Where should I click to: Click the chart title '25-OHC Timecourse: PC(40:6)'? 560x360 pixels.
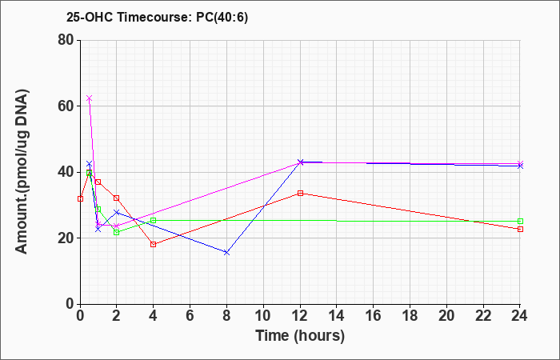click(x=157, y=17)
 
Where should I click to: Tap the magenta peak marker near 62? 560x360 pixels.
click(x=90, y=98)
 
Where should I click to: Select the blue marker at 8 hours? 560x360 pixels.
click(x=226, y=253)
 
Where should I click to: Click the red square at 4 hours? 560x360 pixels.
click(x=154, y=244)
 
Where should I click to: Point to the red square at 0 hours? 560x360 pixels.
click(x=80, y=198)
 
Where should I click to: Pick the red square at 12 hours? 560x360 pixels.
click(x=300, y=194)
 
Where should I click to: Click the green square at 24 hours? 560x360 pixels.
click(x=520, y=221)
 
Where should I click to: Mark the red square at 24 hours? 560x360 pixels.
click(x=520, y=229)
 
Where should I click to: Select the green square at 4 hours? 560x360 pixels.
click(x=154, y=220)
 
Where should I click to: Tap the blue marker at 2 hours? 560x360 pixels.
click(x=117, y=212)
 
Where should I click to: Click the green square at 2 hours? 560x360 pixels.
click(x=117, y=232)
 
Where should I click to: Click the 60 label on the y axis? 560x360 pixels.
click(x=66, y=106)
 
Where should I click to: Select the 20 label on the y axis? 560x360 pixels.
click(x=66, y=238)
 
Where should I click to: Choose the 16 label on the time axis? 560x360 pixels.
click(x=374, y=316)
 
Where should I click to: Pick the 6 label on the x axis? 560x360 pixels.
click(x=190, y=316)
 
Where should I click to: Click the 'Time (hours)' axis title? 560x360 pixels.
click(x=300, y=336)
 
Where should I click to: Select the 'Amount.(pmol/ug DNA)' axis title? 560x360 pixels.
click(x=22, y=172)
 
